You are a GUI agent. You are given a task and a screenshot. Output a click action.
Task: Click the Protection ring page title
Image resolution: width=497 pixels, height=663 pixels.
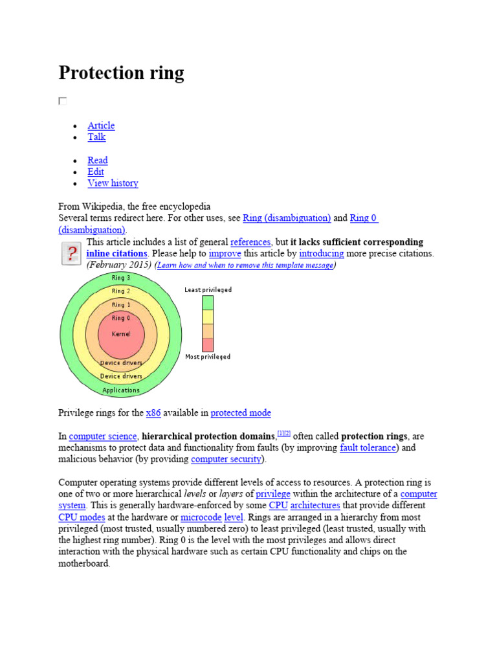tap(121, 73)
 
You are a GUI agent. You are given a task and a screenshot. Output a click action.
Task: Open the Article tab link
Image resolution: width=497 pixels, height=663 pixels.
tap(101, 126)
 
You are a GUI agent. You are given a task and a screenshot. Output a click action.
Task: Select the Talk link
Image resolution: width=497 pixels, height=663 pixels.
tap(96, 137)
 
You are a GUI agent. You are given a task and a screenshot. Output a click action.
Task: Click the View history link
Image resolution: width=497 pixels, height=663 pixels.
tap(113, 183)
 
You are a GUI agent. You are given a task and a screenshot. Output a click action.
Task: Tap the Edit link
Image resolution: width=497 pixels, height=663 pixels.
tap(95, 172)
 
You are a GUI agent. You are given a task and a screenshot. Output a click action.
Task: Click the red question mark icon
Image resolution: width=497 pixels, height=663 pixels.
tap(70, 253)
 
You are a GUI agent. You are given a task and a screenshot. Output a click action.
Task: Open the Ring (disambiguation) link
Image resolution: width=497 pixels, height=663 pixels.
tap(287, 218)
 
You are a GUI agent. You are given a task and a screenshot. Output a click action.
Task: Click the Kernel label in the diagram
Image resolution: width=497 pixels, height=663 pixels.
tap(121, 334)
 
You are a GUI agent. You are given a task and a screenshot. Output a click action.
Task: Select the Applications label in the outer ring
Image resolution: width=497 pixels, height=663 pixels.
tap(121, 390)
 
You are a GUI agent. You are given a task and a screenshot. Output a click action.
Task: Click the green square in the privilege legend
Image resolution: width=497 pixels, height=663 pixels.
tap(207, 302)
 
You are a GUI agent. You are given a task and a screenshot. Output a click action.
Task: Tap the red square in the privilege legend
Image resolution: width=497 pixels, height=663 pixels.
tap(207, 344)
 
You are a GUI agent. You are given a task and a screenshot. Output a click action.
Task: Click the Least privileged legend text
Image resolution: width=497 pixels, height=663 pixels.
tap(208, 290)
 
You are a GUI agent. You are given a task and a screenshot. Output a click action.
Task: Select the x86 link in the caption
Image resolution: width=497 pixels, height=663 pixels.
tap(153, 412)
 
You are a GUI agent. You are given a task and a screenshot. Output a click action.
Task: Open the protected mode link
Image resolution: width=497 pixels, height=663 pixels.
tap(241, 412)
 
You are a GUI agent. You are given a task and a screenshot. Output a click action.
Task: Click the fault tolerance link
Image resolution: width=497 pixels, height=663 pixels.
tap(368, 447)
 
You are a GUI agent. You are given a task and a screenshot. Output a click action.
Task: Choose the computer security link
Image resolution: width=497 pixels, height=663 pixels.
tap(226, 459)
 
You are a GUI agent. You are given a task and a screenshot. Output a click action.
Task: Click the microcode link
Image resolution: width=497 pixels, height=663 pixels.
tap(201, 517)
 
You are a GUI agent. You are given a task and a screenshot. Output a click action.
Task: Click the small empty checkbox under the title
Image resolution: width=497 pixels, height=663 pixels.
tap(63, 101)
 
